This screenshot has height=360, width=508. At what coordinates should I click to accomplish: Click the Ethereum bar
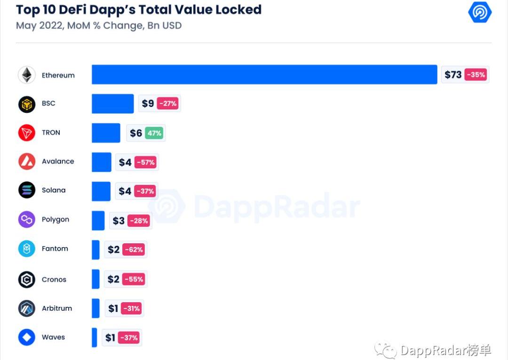pyautogui.click(x=264, y=74)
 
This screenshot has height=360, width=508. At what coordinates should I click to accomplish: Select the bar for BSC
pyautogui.click(x=112, y=104)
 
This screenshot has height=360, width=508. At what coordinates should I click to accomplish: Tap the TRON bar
pyautogui.click(x=106, y=133)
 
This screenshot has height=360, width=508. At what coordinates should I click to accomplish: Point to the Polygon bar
pyautogui.click(x=98, y=220)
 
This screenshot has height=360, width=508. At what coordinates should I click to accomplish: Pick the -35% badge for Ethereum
pyautogui.click(x=476, y=75)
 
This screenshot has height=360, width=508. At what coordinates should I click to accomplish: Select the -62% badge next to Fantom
pyautogui.click(x=134, y=249)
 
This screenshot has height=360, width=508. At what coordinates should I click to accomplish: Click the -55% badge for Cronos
pyautogui.click(x=134, y=279)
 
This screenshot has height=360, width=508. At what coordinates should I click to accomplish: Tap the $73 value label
pyautogui.click(x=453, y=75)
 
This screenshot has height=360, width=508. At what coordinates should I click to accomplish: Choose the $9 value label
pyautogui.click(x=148, y=104)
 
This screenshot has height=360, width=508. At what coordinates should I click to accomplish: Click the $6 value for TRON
pyautogui.click(x=136, y=133)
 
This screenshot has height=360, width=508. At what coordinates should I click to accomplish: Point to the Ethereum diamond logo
pyautogui.click(x=27, y=75)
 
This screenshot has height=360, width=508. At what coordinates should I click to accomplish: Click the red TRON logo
pyautogui.click(x=27, y=133)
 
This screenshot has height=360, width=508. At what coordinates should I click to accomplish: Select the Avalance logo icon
pyautogui.click(x=27, y=161)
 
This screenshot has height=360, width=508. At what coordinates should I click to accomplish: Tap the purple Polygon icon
pyautogui.click(x=27, y=219)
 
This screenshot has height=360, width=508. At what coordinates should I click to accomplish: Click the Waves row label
pyautogui.click(x=53, y=337)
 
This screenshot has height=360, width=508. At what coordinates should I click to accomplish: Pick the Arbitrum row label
pyautogui.click(x=57, y=308)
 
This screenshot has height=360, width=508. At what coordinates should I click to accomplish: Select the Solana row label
pyautogui.click(x=54, y=190)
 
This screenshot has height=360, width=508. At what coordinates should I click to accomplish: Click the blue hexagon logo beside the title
pyautogui.click(x=480, y=12)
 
